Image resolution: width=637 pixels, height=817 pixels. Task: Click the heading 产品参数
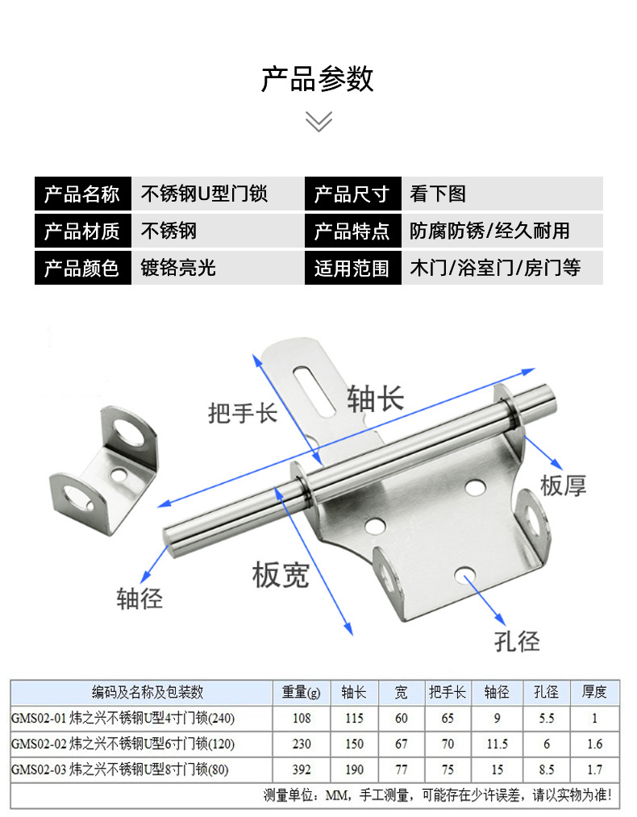tap(318, 79)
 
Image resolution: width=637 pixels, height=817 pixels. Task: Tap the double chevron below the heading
tap(318, 123)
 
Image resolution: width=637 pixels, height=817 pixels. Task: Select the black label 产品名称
tap(81, 194)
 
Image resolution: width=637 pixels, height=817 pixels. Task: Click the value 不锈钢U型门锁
tap(205, 194)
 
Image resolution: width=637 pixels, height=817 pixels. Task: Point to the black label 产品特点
tap(352, 231)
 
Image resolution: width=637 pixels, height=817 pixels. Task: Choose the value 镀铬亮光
tap(179, 268)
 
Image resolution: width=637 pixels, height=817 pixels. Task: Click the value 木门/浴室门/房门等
tap(494, 268)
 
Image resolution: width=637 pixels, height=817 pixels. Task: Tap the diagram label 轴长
tap(375, 398)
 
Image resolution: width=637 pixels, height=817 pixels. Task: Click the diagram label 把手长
tap(242, 413)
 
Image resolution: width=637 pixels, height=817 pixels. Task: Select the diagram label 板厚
tap(563, 485)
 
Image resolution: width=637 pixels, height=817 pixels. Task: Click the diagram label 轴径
tap(139, 598)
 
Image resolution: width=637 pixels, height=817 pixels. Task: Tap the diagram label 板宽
tap(280, 575)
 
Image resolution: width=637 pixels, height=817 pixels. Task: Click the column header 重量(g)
tap(301, 692)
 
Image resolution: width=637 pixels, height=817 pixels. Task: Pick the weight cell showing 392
tap(301, 769)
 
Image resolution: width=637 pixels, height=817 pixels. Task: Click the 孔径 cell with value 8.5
tap(546, 769)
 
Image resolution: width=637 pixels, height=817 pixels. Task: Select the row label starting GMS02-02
tap(123, 744)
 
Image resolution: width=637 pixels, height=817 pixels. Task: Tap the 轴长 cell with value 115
tap(353, 718)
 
